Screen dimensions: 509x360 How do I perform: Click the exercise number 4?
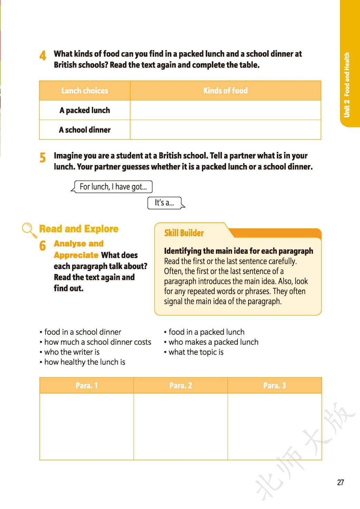[43, 55]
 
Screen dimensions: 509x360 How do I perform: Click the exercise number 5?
[42, 157]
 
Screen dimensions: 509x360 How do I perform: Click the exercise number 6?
[42, 246]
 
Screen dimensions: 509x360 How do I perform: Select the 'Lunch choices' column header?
[85, 91]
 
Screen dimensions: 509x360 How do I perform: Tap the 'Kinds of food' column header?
[225, 91]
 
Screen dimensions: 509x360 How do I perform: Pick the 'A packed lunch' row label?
[85, 111]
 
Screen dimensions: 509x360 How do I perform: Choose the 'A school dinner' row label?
[85, 130]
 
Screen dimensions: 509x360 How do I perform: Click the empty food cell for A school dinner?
[225, 130]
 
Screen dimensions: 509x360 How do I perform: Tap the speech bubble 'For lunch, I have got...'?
[113, 187]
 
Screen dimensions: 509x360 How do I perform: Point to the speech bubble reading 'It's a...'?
[164, 203]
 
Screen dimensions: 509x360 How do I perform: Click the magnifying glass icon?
[29, 230]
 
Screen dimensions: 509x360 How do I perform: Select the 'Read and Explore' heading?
[79, 229]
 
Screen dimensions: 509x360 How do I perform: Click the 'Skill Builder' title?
[184, 233]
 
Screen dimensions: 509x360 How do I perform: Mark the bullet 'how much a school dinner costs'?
[98, 342]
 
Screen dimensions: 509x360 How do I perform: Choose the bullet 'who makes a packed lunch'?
[213, 342]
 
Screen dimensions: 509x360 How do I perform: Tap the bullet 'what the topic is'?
[196, 352]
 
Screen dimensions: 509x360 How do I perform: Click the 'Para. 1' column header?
[87, 385]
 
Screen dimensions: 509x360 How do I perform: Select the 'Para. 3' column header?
[274, 385]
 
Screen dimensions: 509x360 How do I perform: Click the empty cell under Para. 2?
[181, 426]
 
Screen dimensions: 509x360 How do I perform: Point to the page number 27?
[340, 482]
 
